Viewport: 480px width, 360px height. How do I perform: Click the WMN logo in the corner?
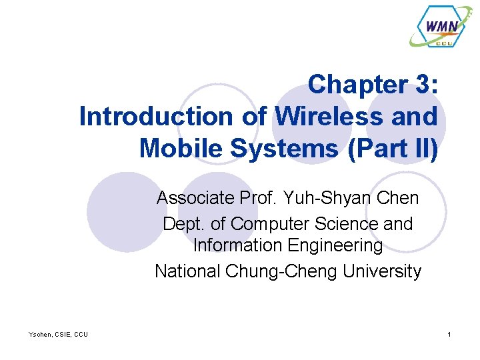click(442, 27)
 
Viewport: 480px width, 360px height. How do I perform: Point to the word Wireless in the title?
click(321, 117)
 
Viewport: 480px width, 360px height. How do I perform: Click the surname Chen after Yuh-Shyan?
click(397, 198)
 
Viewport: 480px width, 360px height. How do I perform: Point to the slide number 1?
click(450, 334)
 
